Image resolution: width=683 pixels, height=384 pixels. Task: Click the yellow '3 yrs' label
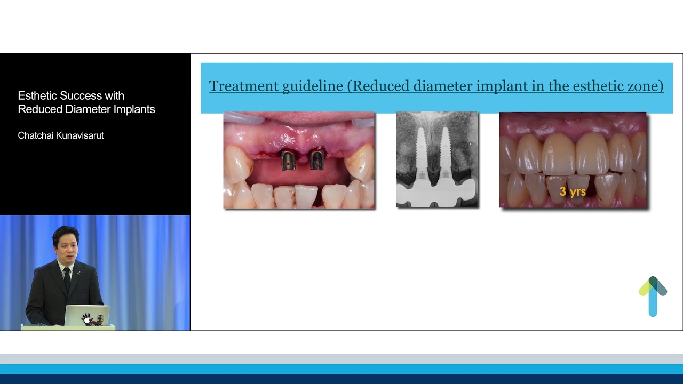(573, 191)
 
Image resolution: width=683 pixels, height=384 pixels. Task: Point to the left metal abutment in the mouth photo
(289, 160)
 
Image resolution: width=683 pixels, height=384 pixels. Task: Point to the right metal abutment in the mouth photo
(317, 159)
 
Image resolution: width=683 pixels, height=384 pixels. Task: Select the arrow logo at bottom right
(653, 296)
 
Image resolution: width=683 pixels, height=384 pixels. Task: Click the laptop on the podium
(87, 315)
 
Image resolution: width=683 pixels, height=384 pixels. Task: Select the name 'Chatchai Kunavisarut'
(61, 135)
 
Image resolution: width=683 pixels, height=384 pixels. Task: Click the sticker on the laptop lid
(89, 318)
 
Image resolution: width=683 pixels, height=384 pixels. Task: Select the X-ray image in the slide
(437, 159)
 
